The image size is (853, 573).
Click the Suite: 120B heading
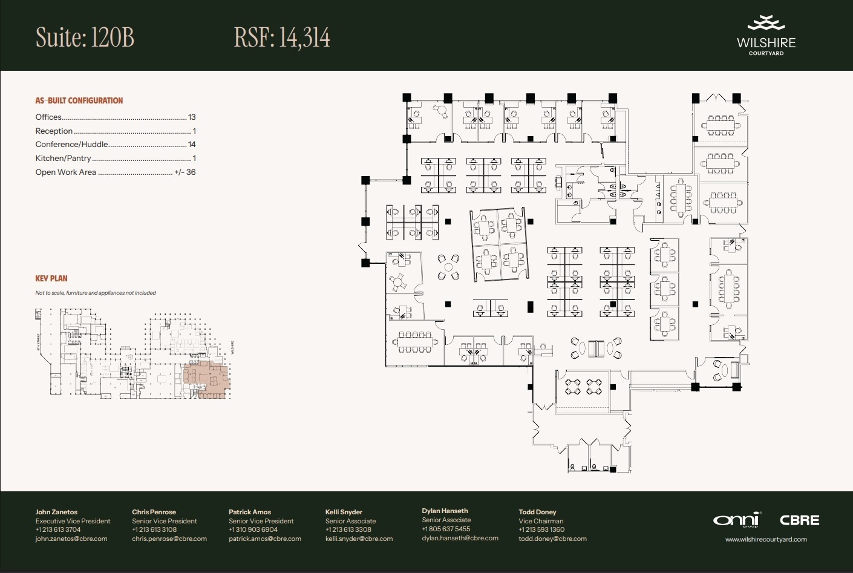click(x=85, y=38)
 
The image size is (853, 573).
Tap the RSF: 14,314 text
click(x=282, y=38)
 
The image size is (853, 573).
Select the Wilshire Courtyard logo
click(x=766, y=36)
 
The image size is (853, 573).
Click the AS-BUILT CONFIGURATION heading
click(x=79, y=100)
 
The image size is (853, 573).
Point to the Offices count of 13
click(x=192, y=117)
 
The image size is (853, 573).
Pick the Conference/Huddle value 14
click(x=192, y=145)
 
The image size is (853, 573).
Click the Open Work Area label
click(x=65, y=172)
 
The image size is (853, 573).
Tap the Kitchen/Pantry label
click(x=63, y=159)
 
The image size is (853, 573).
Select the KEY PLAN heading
click(x=51, y=278)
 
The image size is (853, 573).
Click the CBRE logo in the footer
click(x=799, y=520)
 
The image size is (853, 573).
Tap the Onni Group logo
click(x=736, y=520)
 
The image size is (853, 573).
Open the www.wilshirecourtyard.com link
click(x=766, y=539)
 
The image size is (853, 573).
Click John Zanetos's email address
click(x=71, y=539)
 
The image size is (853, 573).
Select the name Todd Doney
click(x=537, y=512)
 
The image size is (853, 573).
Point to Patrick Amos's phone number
click(x=253, y=529)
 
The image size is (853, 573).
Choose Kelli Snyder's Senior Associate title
click(x=350, y=521)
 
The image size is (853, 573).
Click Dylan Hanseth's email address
click(x=460, y=538)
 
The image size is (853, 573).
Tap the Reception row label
click(x=54, y=131)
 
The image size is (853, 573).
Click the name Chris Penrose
click(x=154, y=512)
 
